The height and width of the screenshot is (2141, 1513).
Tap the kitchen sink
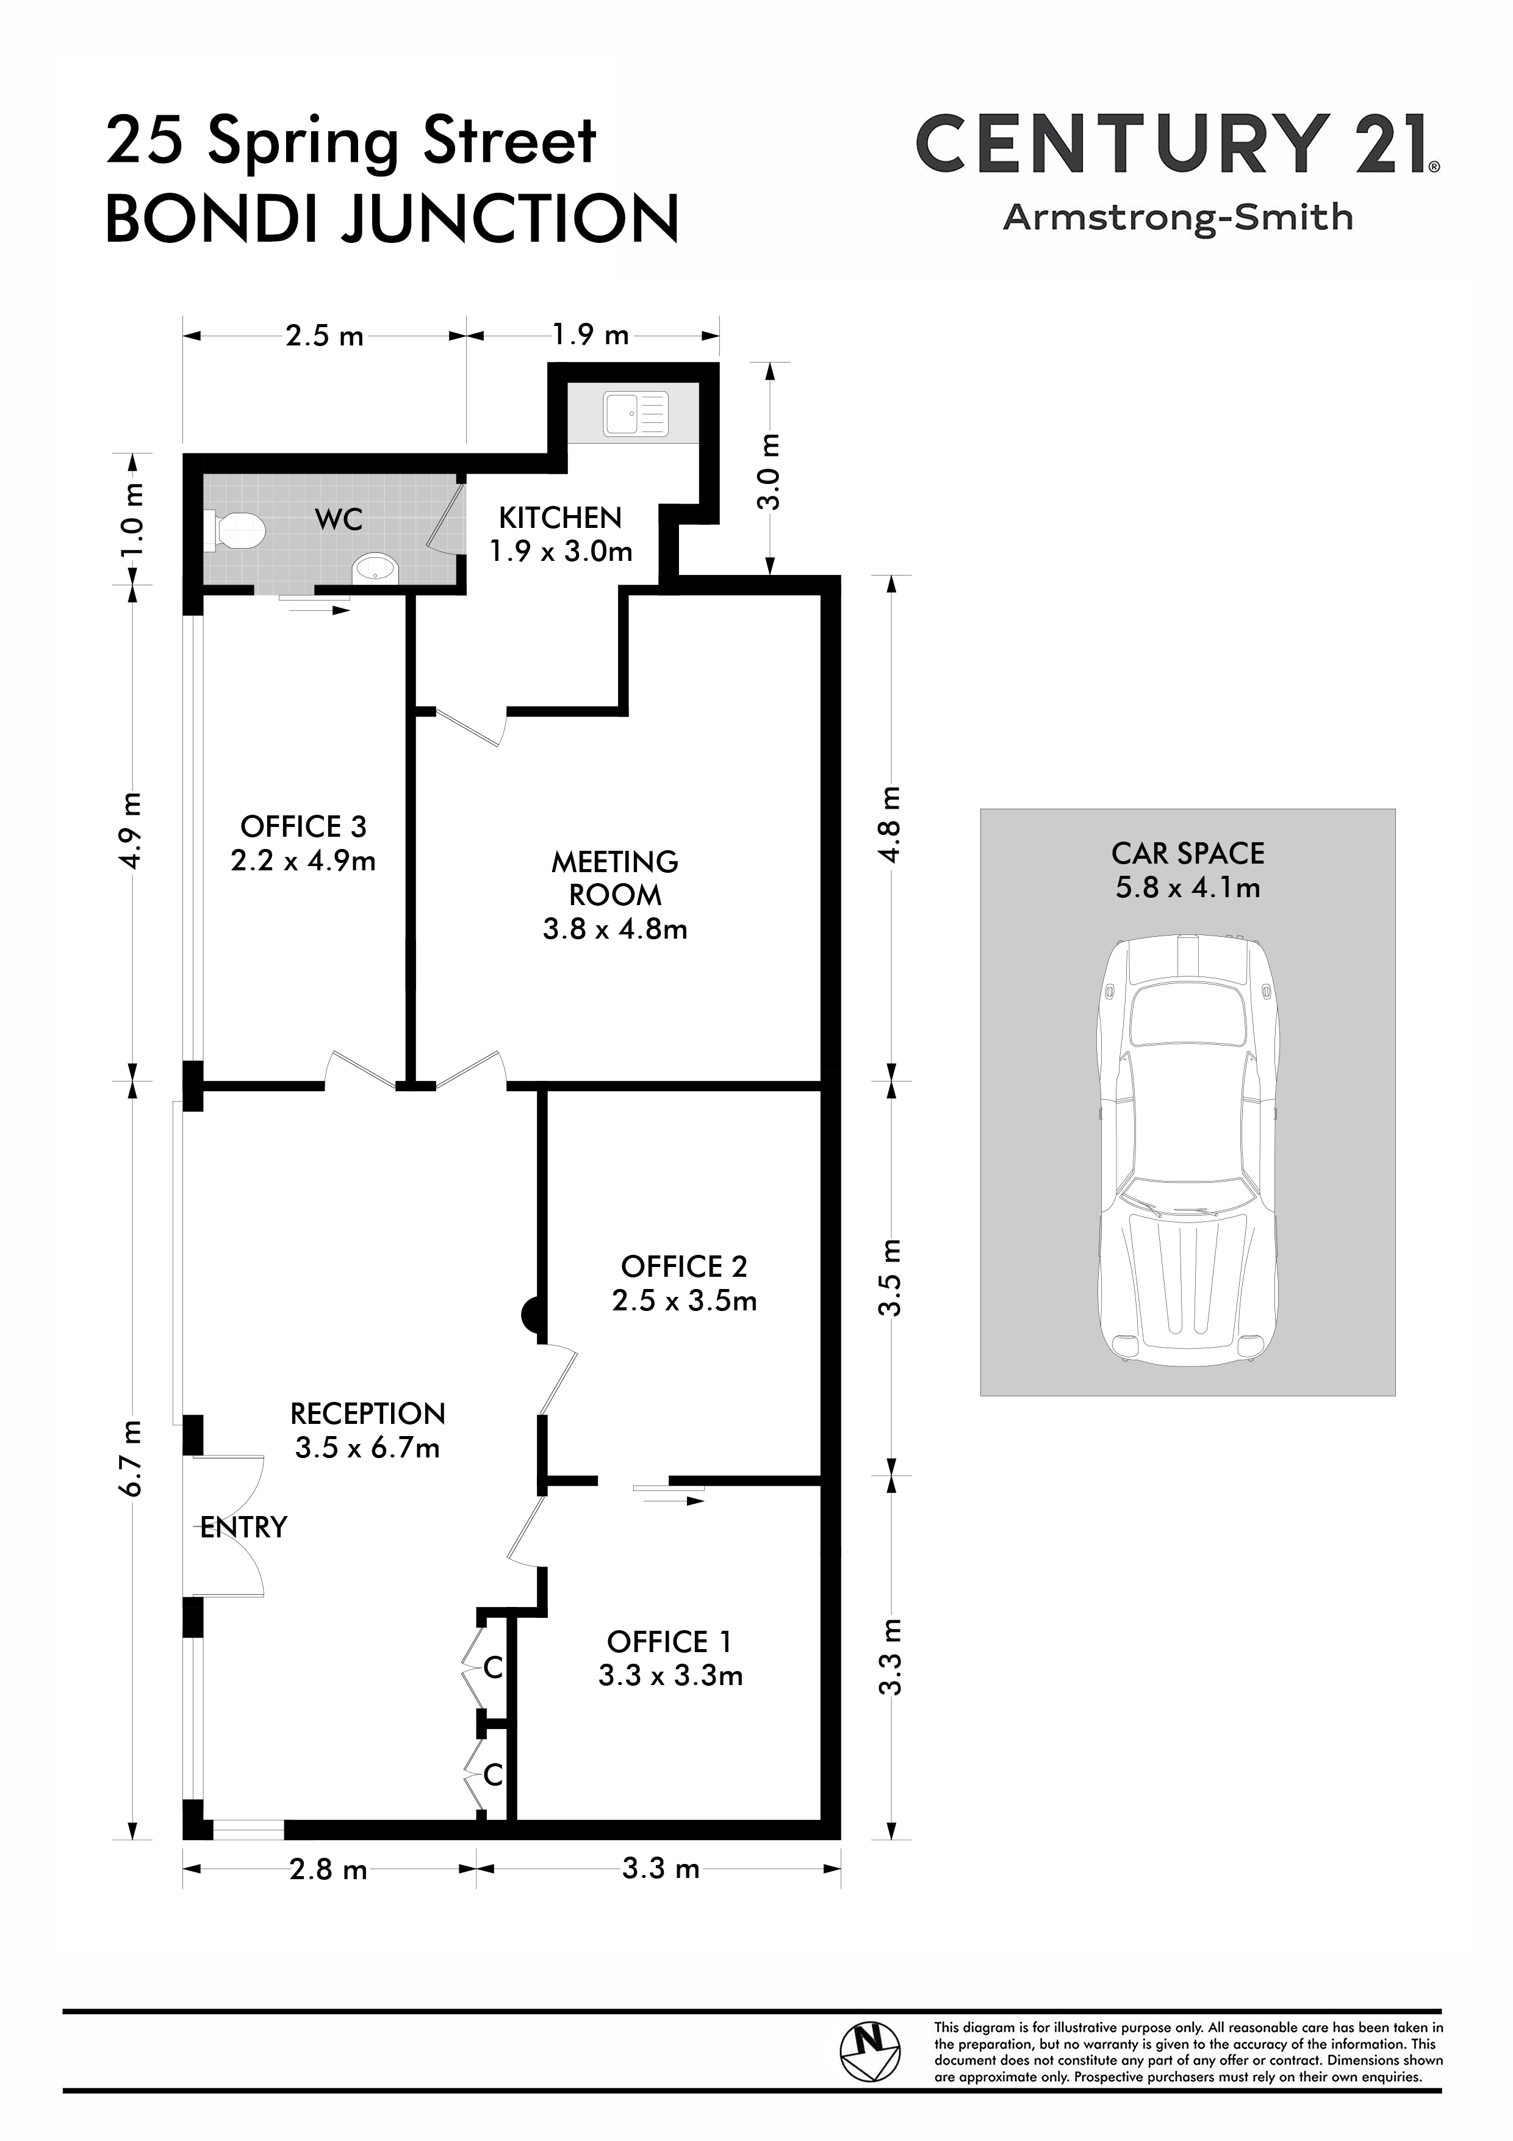pos(636,414)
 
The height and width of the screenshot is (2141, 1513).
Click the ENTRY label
pos(244,1526)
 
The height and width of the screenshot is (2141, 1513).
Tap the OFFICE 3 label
pos(303,826)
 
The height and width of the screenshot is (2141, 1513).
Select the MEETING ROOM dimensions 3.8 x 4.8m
pos(616,929)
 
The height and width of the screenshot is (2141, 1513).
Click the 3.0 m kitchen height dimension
pos(769,472)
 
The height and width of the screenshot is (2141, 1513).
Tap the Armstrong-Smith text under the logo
pos(1177,217)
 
